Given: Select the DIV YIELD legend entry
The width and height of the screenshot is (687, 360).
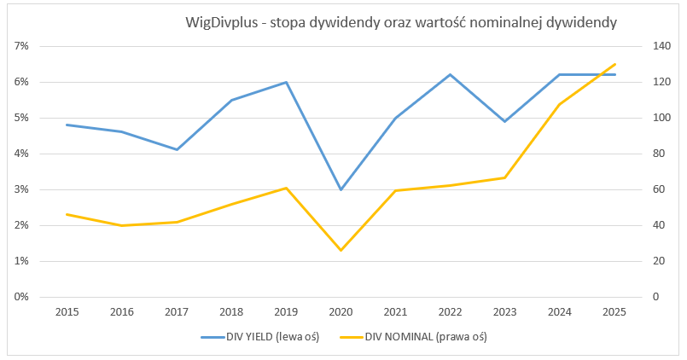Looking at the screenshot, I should click(x=260, y=337).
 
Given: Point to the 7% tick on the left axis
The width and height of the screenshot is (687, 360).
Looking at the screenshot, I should click(x=21, y=46).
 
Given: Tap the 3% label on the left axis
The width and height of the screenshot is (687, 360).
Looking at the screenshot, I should click(x=21, y=189).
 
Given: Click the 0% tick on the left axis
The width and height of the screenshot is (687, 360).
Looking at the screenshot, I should click(x=21, y=297).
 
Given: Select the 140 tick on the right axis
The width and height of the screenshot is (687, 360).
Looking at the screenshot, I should click(x=661, y=46).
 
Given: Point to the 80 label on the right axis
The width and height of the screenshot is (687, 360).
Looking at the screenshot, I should click(x=659, y=154).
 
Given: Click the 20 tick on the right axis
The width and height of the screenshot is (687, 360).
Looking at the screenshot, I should click(x=659, y=261).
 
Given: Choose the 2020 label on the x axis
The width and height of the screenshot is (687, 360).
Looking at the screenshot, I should click(x=341, y=312).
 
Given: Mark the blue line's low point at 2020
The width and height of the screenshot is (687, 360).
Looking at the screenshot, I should click(x=341, y=189).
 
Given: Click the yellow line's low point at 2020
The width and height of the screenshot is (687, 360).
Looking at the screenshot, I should click(x=341, y=250).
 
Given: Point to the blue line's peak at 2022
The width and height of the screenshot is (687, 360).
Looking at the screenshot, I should click(x=450, y=74).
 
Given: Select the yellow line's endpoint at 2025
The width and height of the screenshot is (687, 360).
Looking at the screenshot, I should click(x=614, y=64).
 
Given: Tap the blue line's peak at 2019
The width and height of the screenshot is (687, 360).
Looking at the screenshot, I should click(x=286, y=82).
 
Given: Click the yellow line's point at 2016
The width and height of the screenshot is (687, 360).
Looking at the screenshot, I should click(x=121, y=225).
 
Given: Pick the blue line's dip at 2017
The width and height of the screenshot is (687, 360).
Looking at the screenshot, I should click(x=176, y=149).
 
